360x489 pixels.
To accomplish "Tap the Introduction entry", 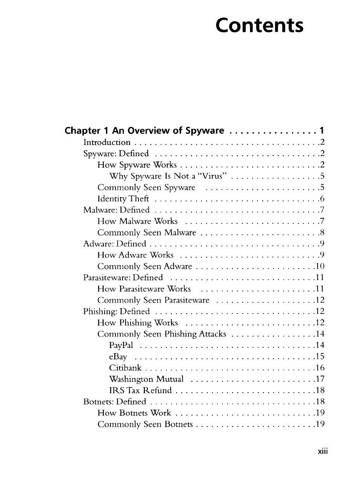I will pos(107,142).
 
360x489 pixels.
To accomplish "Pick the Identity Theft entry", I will pos(123,199).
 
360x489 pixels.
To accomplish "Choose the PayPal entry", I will pos(121,345).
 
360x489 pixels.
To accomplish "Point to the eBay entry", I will pos(119,357).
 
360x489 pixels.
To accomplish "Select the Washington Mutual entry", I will pos(147,379).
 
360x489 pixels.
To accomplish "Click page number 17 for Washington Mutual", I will pos(320,379).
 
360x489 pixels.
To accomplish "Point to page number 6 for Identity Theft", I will pos(322,199).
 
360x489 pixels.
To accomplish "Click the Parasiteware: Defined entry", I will pos(123,278).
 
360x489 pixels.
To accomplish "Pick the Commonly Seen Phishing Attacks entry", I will pos(162,334).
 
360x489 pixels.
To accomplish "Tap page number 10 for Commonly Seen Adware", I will pos(320,266).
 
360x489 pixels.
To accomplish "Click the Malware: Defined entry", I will pos(117,210).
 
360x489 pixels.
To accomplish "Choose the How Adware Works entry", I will pos(135,255).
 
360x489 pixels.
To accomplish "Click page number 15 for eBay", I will pos(320,357).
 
